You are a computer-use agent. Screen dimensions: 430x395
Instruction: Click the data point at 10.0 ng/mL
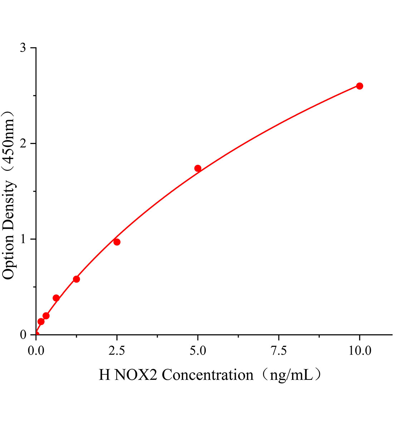[x=360, y=86]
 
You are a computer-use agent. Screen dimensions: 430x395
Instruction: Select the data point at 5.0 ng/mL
[x=198, y=168]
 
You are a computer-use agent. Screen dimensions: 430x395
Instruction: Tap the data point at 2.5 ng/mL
[x=117, y=242]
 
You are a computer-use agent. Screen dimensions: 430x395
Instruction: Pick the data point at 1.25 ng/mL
[x=76, y=279]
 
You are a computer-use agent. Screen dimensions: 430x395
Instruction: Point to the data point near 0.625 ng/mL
[x=56, y=298]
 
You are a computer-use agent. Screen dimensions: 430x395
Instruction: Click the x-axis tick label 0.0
[x=36, y=351]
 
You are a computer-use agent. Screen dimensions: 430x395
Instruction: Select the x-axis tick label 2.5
[x=117, y=351]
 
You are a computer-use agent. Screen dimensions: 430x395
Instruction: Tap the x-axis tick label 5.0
[x=198, y=351]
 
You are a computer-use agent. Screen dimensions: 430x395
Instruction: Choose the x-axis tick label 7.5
[x=279, y=351]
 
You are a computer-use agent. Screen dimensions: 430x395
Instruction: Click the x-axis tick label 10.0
[x=360, y=351]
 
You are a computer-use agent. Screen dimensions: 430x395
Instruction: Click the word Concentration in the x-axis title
[x=208, y=375]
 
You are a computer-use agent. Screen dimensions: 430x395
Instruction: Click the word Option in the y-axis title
[x=9, y=259]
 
